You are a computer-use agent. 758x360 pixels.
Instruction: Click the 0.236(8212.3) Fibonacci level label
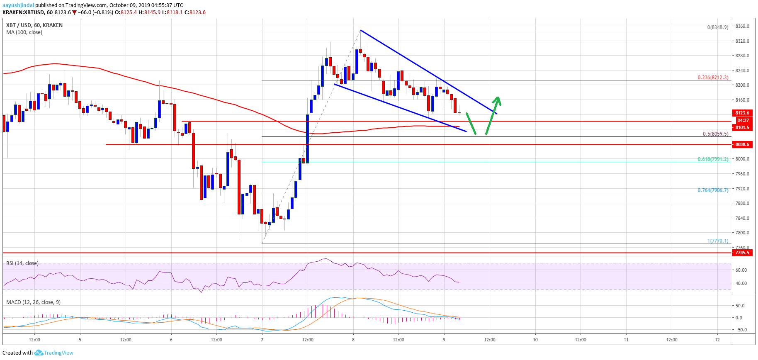712,78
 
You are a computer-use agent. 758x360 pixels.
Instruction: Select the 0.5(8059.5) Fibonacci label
715,134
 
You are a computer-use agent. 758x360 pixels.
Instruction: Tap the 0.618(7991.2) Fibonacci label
712,159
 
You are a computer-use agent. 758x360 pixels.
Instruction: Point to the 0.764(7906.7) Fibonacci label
712,190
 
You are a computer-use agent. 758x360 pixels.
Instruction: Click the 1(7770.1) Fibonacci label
717,241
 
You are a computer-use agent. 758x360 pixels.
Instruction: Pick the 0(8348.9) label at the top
717,27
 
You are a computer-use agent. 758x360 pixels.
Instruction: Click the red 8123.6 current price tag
742,113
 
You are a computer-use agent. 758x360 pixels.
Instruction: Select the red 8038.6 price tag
742,144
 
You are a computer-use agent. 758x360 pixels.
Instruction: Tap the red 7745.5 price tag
742,253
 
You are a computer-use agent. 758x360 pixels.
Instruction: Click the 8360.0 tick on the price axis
742,26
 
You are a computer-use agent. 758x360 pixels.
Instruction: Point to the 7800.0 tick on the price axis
742,233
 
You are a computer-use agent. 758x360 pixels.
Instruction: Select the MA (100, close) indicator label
24,32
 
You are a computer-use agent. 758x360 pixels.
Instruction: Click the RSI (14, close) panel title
22,263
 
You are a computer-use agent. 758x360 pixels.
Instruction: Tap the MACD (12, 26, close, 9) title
33,302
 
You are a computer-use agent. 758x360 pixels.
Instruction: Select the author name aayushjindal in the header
18,5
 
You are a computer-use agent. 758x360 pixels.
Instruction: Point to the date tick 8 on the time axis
353,340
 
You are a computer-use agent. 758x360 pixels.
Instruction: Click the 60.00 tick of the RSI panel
741,270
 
